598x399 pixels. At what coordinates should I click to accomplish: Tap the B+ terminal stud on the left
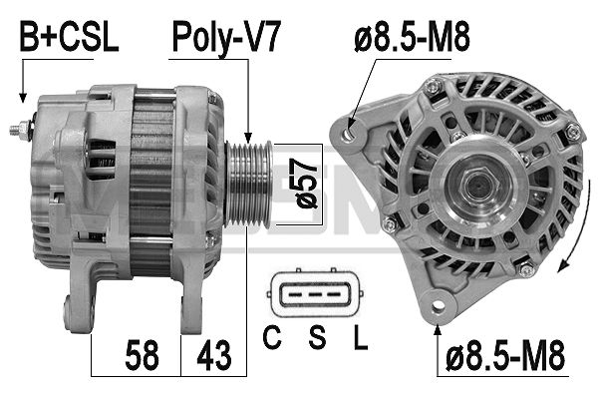tap(21, 129)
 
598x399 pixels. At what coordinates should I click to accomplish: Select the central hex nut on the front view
tap(474, 186)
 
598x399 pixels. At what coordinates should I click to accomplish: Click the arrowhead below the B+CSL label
tap(21, 97)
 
